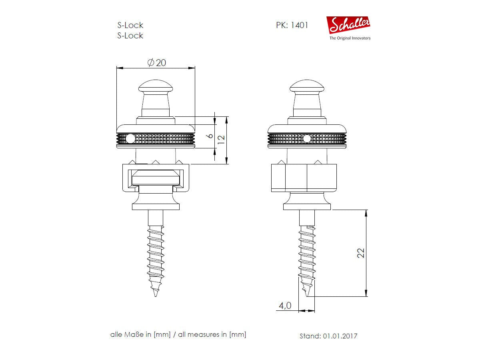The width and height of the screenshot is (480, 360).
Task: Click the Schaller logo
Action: (348, 26)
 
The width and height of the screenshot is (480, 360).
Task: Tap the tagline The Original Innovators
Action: (350, 38)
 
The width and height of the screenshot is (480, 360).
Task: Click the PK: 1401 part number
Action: (292, 25)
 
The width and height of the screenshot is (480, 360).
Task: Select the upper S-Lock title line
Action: (130, 25)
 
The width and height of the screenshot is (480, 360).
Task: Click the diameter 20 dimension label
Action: (157, 63)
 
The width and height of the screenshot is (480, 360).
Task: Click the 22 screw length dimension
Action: (361, 253)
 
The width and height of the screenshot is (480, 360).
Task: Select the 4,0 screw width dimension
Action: (285, 306)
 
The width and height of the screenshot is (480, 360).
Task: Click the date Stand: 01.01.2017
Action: (328, 336)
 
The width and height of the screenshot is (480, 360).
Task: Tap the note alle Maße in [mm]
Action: (140, 334)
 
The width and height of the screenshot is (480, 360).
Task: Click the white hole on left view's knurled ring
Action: (130, 139)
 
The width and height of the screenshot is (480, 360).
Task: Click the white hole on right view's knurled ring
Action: (307, 139)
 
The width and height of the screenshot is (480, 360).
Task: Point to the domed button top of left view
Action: (155, 86)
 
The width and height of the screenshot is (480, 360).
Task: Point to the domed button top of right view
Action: (307, 86)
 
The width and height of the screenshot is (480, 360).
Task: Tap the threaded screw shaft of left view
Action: (155, 256)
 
